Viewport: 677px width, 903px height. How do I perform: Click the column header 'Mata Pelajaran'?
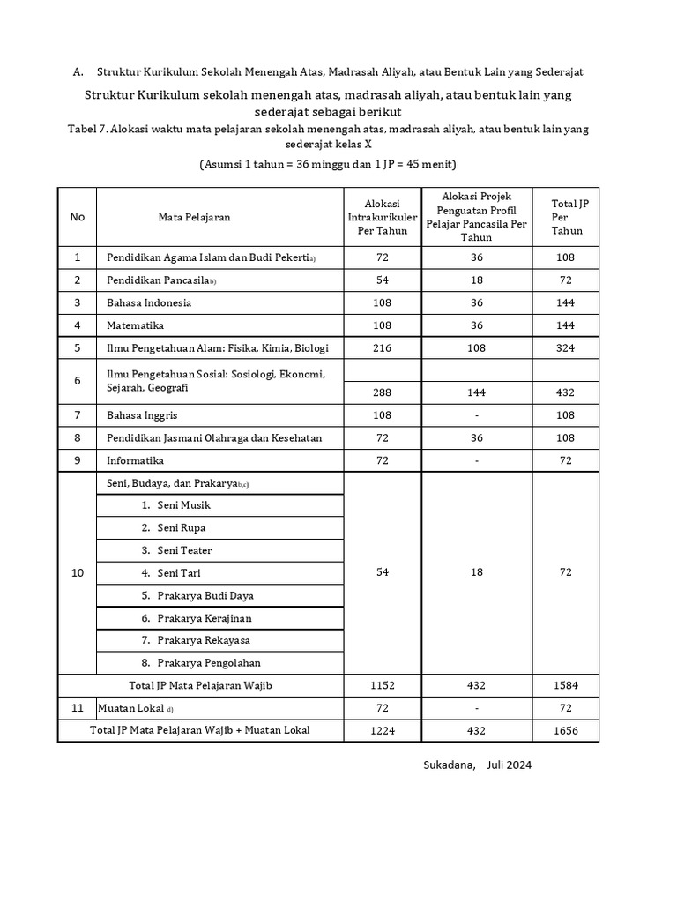(x=194, y=217)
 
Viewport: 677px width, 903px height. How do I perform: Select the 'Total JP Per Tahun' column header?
(x=565, y=217)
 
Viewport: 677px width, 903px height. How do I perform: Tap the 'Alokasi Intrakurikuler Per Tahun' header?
(x=383, y=217)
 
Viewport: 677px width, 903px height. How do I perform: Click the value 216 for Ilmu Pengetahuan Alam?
(x=383, y=348)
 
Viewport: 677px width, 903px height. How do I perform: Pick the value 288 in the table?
(x=383, y=392)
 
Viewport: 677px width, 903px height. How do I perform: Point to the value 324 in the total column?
(x=565, y=348)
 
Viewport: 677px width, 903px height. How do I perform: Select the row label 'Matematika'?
(x=136, y=325)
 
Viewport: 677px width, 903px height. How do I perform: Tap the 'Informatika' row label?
(x=135, y=460)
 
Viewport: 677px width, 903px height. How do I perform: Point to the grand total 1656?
(x=565, y=730)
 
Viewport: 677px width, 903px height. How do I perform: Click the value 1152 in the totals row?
(x=383, y=685)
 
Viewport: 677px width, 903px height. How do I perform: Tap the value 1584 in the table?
(x=565, y=685)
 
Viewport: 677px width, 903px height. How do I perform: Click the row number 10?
(x=77, y=573)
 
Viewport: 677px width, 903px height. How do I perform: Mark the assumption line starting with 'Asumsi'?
(x=327, y=165)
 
